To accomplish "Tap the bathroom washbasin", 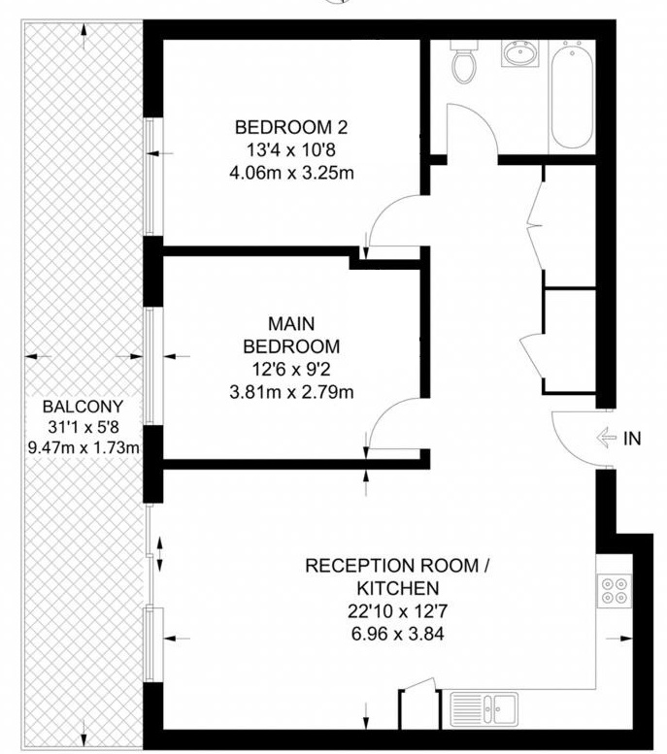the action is (519, 52).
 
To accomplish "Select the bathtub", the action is (572, 94).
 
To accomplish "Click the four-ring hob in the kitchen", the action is (615, 591).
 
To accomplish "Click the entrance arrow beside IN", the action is (606, 438).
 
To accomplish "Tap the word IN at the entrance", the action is (632, 439).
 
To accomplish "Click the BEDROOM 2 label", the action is (291, 127).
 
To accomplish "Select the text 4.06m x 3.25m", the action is (291, 173).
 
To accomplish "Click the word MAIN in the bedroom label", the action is (291, 323).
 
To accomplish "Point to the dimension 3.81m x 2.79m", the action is (291, 392).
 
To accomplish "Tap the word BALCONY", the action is (83, 407).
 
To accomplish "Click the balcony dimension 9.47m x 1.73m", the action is (83, 448).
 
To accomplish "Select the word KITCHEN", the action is (397, 588).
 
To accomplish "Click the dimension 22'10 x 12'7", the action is (397, 611).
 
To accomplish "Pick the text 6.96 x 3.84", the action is (397, 634).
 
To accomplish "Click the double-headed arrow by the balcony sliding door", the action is (160, 554).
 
